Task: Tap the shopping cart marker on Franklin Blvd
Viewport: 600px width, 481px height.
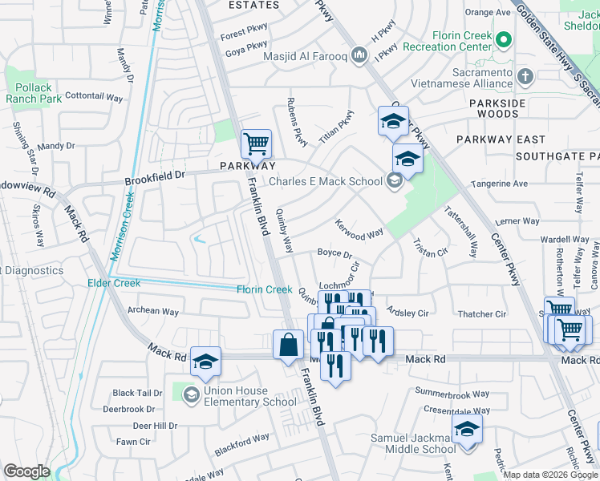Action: pyautogui.click(x=256, y=145)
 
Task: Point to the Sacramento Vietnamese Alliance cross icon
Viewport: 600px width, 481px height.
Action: pyautogui.click(x=525, y=76)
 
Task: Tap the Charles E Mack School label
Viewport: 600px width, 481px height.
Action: pyautogui.click(x=325, y=181)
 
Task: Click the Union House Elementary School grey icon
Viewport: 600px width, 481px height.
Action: pyautogui.click(x=191, y=394)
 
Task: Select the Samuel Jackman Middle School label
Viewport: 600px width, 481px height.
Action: pyautogui.click(x=412, y=443)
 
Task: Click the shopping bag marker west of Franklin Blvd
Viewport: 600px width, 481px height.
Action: pyautogui.click(x=288, y=346)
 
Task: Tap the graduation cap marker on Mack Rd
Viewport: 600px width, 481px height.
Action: pyautogui.click(x=205, y=362)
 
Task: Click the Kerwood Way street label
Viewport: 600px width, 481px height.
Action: pyautogui.click(x=359, y=230)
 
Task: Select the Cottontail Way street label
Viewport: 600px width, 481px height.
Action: pyautogui.click(x=94, y=96)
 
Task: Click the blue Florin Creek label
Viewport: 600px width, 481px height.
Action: pyautogui.click(x=264, y=289)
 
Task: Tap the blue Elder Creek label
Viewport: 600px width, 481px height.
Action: pyautogui.click(x=114, y=283)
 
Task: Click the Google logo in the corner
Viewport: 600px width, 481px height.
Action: pyautogui.click(x=26, y=471)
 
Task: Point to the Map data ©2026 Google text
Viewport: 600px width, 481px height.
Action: pyautogui.click(x=549, y=475)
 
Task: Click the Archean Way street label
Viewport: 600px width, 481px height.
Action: pyautogui.click(x=153, y=312)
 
